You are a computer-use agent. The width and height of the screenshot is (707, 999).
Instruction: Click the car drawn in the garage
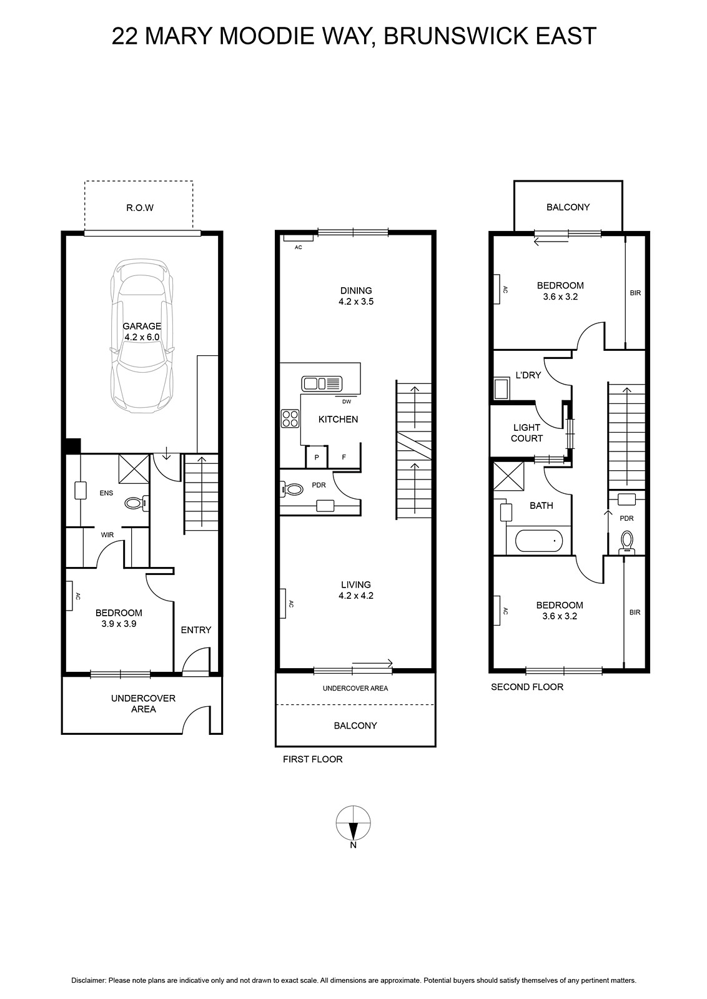142,337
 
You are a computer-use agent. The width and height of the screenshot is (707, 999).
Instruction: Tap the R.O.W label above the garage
140,208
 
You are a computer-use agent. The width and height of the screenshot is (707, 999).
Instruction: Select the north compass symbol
353,823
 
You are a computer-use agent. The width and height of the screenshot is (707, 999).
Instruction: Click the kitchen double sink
322,383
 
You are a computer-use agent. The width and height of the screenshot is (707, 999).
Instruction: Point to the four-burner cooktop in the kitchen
290,419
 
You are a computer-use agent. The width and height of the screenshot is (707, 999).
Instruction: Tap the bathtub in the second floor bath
539,541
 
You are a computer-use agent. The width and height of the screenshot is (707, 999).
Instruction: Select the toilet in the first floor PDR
290,490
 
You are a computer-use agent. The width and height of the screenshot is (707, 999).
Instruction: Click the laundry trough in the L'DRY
502,388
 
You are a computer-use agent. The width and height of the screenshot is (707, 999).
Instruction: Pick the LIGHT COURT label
527,433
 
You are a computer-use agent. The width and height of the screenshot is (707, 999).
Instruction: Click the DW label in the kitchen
347,401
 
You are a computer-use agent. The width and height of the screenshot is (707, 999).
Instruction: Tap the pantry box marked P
317,456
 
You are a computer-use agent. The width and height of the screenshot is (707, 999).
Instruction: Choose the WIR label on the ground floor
107,534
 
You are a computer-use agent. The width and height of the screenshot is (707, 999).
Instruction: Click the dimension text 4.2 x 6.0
142,337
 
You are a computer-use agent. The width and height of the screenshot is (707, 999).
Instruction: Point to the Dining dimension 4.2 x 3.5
356,302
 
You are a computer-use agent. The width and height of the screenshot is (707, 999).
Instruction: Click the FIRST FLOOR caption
313,759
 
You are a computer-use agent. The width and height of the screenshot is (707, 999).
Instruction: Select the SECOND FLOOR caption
527,687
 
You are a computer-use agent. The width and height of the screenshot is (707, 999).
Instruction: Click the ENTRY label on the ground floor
196,630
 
